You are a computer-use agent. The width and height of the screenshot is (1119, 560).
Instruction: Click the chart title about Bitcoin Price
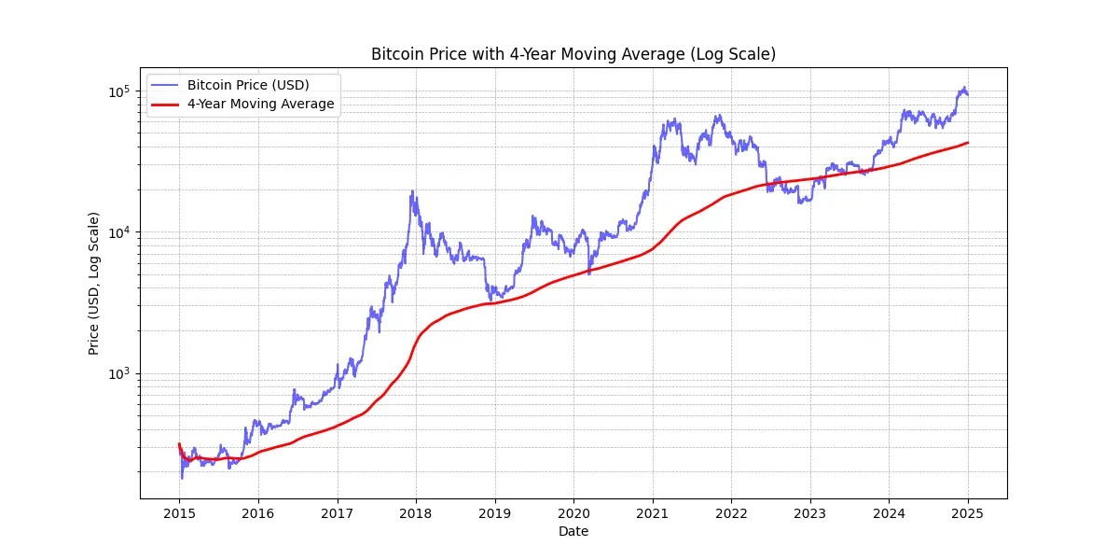pyautogui.click(x=573, y=54)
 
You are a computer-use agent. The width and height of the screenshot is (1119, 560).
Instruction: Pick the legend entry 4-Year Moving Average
pyautogui.click(x=260, y=104)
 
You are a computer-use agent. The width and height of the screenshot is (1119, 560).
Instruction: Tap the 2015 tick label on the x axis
pyautogui.click(x=179, y=512)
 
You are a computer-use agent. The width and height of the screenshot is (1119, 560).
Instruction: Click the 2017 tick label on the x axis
pyautogui.click(x=337, y=512)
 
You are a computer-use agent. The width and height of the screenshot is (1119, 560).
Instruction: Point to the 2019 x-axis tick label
pyautogui.click(x=494, y=512)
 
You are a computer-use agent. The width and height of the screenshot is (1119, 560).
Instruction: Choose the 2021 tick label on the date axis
pyautogui.click(x=652, y=512)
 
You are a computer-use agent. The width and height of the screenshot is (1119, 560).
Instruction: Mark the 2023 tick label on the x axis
pyautogui.click(x=809, y=512)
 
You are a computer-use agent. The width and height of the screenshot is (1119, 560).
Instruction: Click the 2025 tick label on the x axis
pyautogui.click(x=968, y=512)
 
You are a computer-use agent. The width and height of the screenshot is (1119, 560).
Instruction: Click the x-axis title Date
pyautogui.click(x=573, y=531)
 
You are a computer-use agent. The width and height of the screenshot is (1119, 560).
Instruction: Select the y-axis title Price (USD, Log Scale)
pyautogui.click(x=93, y=283)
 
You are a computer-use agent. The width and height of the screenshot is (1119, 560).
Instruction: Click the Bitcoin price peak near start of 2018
pyautogui.click(x=412, y=191)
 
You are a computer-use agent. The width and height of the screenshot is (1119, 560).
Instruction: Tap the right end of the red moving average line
pyautogui.click(x=968, y=143)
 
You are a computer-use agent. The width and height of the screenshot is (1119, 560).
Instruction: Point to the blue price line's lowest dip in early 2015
pyautogui.click(x=182, y=479)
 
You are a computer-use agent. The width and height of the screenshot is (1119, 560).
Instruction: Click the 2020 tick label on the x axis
pyautogui.click(x=573, y=512)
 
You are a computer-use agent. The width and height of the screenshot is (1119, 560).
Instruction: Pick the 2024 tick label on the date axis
pyautogui.click(x=889, y=512)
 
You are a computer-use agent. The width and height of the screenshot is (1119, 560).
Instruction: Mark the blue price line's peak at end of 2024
pyautogui.click(x=963, y=88)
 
